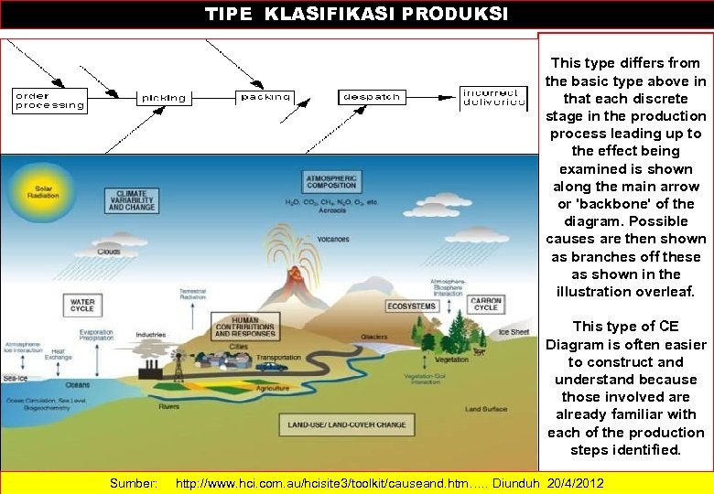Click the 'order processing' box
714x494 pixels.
point(49,100)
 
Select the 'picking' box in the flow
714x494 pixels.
point(163,97)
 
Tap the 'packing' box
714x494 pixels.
point(266,96)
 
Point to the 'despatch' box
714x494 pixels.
point(371,96)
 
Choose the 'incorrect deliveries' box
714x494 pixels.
point(493,97)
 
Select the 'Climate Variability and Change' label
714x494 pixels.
point(132,201)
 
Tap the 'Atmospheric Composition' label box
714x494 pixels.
point(330,181)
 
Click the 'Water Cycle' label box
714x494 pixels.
point(82,304)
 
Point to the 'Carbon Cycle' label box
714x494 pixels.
point(485,304)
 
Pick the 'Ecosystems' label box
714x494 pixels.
point(411,306)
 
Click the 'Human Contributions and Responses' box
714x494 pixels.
point(245,327)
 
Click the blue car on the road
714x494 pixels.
point(270,367)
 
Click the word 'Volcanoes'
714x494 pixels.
point(333,240)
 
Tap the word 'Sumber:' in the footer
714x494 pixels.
point(134,482)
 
